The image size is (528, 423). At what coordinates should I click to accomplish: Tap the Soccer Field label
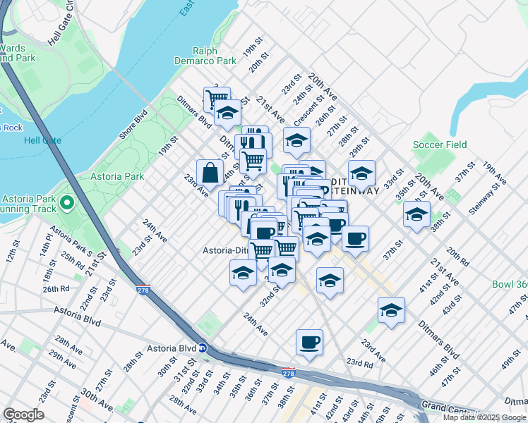click(440, 145)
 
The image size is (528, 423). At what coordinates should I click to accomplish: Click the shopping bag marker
click(210, 172)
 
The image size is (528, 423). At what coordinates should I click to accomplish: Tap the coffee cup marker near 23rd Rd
click(309, 343)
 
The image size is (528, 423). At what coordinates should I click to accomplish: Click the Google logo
click(23, 415)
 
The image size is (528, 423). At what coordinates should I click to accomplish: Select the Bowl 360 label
click(510, 285)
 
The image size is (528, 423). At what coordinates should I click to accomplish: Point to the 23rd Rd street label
click(359, 364)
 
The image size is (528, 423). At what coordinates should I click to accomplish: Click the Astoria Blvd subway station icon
click(202, 348)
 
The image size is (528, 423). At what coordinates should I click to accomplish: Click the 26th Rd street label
click(55, 288)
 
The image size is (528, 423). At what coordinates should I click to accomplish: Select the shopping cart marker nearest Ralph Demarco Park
click(216, 98)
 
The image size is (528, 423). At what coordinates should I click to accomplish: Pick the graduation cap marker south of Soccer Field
click(416, 214)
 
